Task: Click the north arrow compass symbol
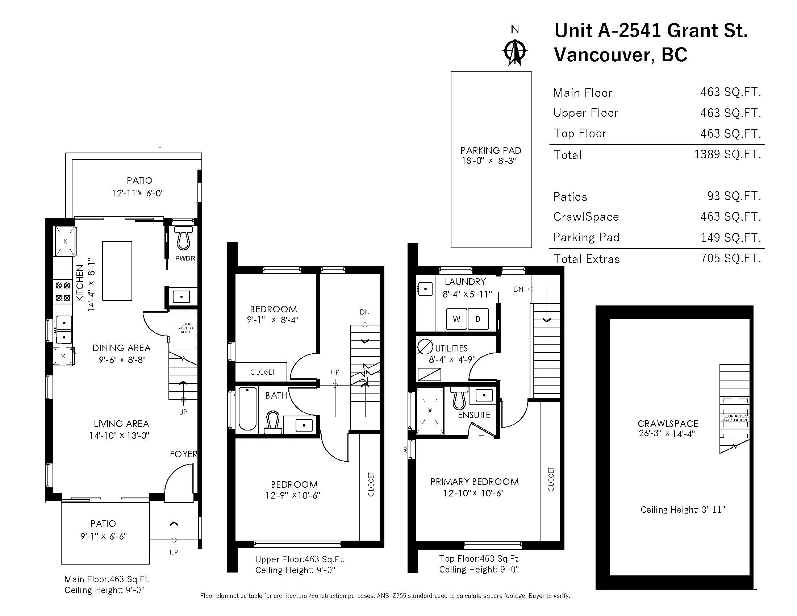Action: pos(515,52)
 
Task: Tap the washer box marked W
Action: pos(456,319)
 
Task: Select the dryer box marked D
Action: pos(478,319)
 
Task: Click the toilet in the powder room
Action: pos(183,238)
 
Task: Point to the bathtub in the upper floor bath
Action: pos(247,409)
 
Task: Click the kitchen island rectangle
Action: pos(117,271)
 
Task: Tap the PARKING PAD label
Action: pos(491,150)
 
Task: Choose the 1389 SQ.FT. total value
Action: pos(727,154)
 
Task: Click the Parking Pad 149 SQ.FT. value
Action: pos(731,238)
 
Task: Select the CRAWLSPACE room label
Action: pos(668,424)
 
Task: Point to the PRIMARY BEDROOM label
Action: pos(475,482)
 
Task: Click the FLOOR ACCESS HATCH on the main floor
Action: pos(185,329)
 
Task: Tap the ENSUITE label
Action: pos(474,415)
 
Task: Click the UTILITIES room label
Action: pos(451,348)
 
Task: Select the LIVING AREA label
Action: pos(121,424)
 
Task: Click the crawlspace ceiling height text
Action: pos(683,509)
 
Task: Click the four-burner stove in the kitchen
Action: pos(63,292)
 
